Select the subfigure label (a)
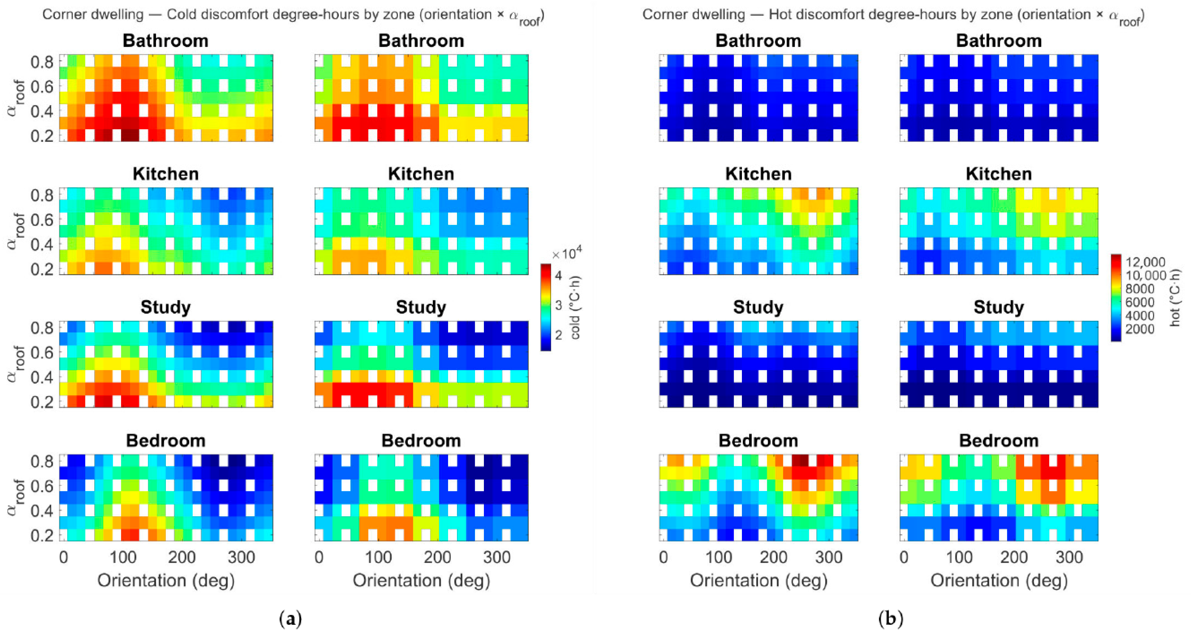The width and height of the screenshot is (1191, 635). click(x=291, y=618)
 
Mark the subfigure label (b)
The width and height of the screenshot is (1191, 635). click(x=890, y=618)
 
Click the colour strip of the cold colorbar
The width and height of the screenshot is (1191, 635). click(x=546, y=307)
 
